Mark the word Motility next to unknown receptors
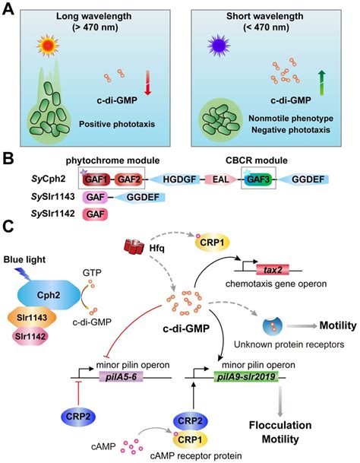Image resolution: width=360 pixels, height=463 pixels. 328,326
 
